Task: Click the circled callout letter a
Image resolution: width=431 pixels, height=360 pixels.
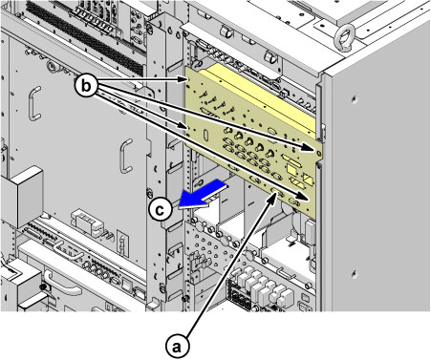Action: pyautogui.click(x=178, y=346)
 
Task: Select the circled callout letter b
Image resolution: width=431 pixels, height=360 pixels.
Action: pyautogui.click(x=86, y=86)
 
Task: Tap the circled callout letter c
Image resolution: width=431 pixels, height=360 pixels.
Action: pyautogui.click(x=161, y=210)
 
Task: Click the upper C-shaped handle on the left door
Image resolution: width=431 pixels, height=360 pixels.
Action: pyautogui.click(x=34, y=103)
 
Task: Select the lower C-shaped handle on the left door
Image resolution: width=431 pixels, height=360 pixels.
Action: pyautogui.click(x=126, y=156)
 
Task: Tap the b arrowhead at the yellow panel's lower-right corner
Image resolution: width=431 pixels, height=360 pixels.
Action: pyautogui.click(x=304, y=196)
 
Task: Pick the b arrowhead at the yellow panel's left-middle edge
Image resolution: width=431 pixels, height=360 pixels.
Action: pyautogui.click(x=183, y=126)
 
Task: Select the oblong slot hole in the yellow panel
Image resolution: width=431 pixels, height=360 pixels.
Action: pyautogui.click(x=205, y=135)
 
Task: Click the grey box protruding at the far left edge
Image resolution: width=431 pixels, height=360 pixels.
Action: pyautogui.click(x=22, y=197)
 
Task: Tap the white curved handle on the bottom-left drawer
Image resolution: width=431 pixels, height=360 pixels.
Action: pyautogui.click(x=62, y=284)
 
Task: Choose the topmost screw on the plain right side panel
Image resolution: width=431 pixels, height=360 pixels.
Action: pyautogui.click(x=354, y=99)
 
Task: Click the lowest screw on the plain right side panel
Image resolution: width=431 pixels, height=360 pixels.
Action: pyautogui.click(x=354, y=273)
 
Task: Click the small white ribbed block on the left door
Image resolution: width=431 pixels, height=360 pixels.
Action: pyautogui.click(x=88, y=222)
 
